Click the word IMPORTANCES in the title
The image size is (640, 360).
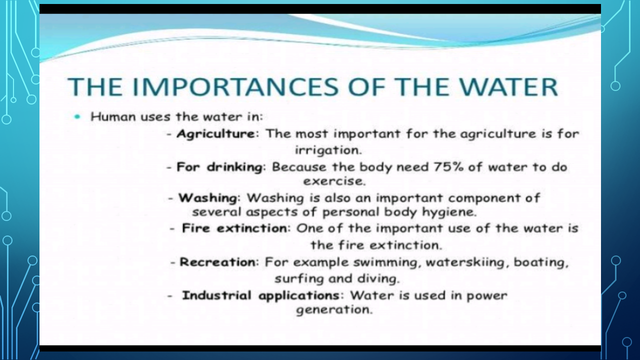[x=235, y=87]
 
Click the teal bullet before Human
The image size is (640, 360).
[x=77, y=116]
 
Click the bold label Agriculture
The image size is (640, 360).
[x=216, y=134]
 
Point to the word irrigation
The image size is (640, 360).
[x=328, y=150]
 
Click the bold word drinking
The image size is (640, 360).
[x=235, y=167]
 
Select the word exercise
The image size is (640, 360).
[x=334, y=181]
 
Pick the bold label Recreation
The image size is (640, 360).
[x=217, y=262]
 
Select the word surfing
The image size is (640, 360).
[x=299, y=279]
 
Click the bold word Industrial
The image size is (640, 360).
[x=216, y=295]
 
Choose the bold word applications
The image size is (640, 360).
[x=299, y=296]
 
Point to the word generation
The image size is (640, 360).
[x=334, y=310]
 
